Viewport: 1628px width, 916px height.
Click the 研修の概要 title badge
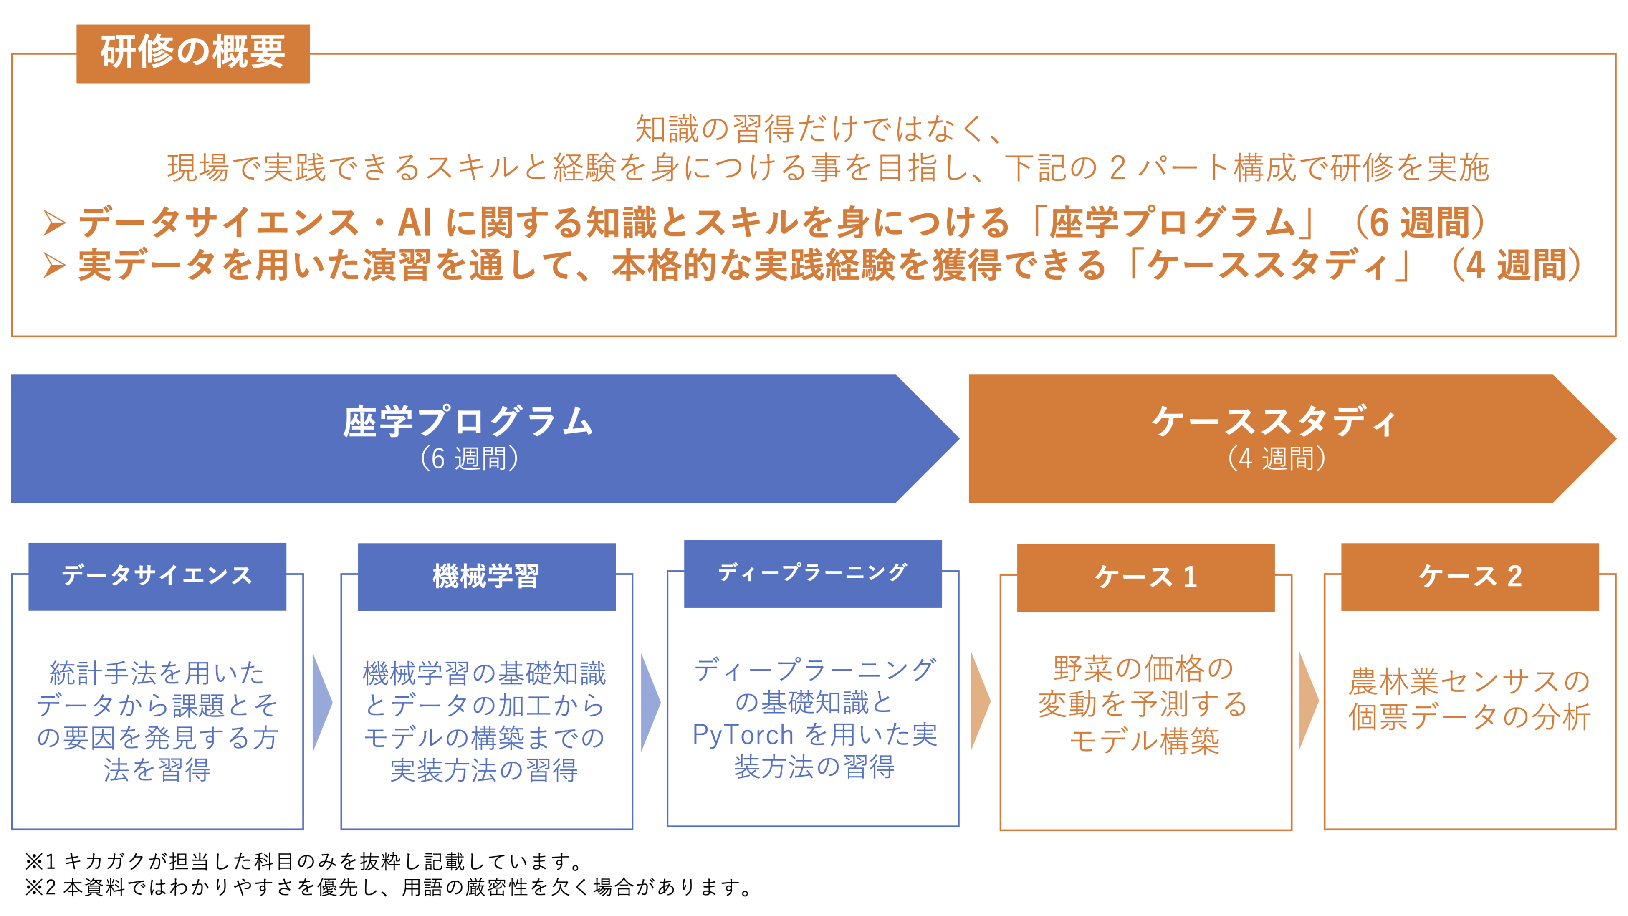point(193,53)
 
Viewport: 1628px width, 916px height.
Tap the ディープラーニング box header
point(813,573)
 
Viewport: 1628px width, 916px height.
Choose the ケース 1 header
point(1145,577)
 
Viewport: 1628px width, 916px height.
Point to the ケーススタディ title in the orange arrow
point(1274,422)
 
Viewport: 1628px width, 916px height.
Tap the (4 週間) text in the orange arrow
point(1276,459)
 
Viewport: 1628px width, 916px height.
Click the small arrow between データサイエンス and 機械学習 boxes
point(322,702)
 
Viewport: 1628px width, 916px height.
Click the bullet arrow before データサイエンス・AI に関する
point(54,223)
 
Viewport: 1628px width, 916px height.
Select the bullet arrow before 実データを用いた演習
point(54,266)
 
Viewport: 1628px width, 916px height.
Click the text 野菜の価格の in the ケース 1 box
point(1144,669)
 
